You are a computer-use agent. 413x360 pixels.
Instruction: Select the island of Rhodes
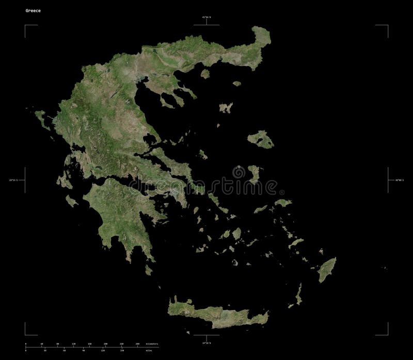[x=326, y=269]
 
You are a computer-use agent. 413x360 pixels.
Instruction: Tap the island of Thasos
[x=205, y=74]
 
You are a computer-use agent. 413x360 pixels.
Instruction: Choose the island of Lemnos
[x=225, y=108]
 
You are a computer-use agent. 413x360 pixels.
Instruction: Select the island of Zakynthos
[x=72, y=201]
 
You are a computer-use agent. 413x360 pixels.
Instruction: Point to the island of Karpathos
[x=299, y=296]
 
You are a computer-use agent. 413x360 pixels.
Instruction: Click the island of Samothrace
[x=237, y=83]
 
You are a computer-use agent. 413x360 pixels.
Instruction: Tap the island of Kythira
[x=149, y=269]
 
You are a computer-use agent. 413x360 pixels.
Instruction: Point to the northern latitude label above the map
[x=206, y=18]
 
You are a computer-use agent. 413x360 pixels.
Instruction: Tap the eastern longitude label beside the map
[x=397, y=180]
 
